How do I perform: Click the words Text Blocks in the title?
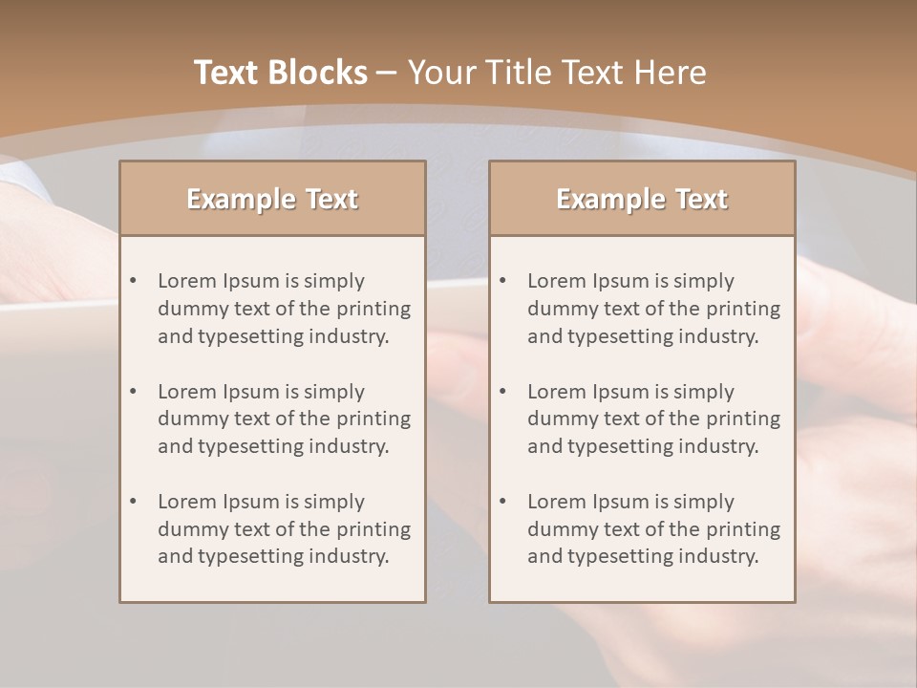click(280, 73)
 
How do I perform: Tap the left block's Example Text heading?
click(272, 199)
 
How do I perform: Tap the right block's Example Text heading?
click(642, 199)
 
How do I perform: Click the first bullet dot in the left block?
click(134, 281)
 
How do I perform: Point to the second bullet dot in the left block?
click(134, 392)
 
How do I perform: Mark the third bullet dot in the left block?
click(134, 502)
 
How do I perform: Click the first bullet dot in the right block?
click(503, 281)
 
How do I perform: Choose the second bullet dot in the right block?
click(503, 392)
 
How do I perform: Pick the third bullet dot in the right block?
click(503, 502)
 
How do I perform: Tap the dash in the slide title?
click(387, 73)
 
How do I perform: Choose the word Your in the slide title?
click(439, 73)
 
